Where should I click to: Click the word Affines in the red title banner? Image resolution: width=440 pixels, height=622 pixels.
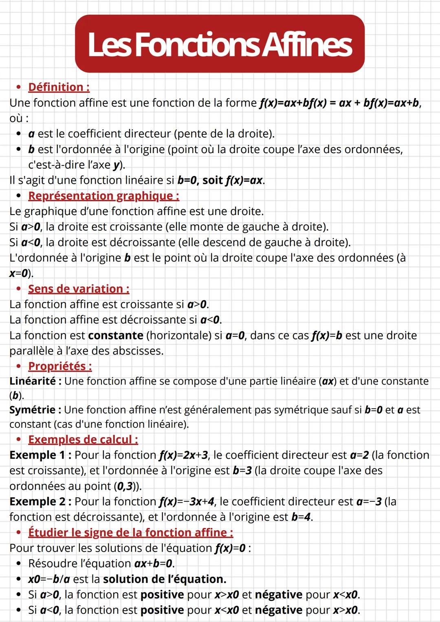(x=306, y=45)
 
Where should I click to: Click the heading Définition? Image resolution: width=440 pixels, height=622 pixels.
(x=59, y=87)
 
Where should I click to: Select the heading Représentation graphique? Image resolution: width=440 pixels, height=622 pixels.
(x=103, y=196)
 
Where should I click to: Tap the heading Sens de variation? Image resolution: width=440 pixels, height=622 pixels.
(x=79, y=289)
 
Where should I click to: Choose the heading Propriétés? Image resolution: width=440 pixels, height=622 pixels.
(x=60, y=366)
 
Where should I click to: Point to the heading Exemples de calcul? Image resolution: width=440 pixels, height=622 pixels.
(x=83, y=440)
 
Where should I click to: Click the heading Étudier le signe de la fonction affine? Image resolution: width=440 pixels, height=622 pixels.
(x=130, y=532)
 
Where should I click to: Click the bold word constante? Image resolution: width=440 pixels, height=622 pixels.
(x=116, y=336)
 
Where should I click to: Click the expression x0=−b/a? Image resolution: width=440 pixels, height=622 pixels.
(x=49, y=579)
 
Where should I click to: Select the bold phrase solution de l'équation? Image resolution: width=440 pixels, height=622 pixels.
(x=165, y=579)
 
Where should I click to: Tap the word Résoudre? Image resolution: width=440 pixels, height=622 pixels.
(x=52, y=564)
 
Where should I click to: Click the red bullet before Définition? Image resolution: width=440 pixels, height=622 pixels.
(x=18, y=87)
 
